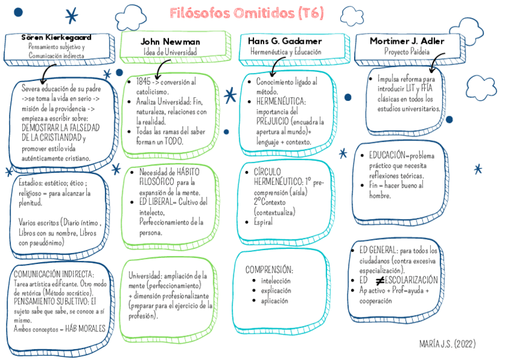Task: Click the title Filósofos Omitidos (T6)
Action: click(x=246, y=13)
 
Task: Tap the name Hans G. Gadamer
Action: click(x=285, y=41)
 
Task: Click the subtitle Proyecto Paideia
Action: click(x=407, y=52)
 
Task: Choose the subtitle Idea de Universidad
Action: click(x=170, y=52)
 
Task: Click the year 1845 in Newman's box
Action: click(x=144, y=82)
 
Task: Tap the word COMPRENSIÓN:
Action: click(x=269, y=269)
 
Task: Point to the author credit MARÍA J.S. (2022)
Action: click(x=447, y=344)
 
